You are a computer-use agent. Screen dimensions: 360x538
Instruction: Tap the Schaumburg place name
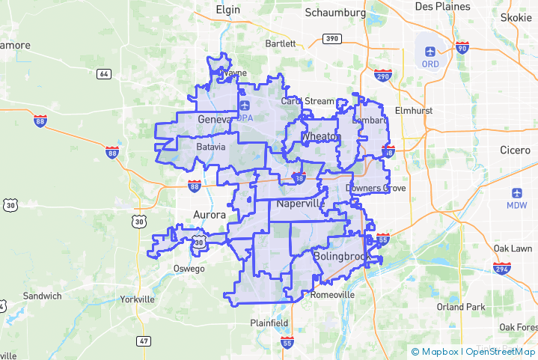coord(336,13)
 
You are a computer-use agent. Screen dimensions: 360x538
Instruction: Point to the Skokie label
coord(515,17)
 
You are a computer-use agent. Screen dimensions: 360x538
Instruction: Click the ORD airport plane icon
coord(430,51)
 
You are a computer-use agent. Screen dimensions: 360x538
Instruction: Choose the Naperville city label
coord(299,204)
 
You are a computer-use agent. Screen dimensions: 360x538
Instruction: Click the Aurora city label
coord(209,215)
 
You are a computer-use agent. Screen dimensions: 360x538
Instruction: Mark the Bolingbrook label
coord(340,257)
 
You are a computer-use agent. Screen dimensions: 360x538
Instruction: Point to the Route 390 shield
coord(331,38)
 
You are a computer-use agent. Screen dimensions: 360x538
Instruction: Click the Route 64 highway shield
coord(104,73)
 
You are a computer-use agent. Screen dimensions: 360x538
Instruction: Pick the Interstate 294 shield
coord(501,268)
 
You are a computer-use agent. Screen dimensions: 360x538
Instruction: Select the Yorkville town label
coord(138,299)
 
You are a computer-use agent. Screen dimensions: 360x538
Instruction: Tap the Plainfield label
coord(269,323)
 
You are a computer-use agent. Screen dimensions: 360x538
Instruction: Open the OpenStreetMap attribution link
coord(500,351)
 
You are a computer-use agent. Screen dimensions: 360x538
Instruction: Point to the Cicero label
coord(516,150)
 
